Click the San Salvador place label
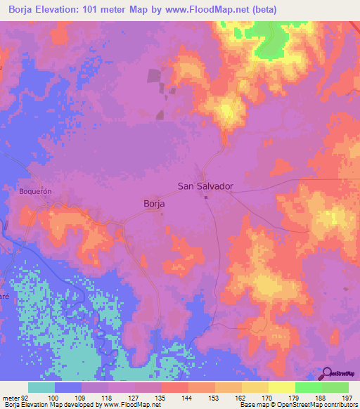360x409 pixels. [205, 187]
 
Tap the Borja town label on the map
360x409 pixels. [154, 203]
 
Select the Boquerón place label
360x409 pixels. [35, 190]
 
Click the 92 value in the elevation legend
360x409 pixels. [29, 397]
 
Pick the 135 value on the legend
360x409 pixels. [161, 397]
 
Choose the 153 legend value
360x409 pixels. [214, 397]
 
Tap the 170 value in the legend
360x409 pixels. [267, 397]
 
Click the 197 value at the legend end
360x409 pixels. [347, 397]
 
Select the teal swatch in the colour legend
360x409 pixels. [41, 387]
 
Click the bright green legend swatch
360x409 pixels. [309, 387]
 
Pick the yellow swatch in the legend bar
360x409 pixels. [282, 387]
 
